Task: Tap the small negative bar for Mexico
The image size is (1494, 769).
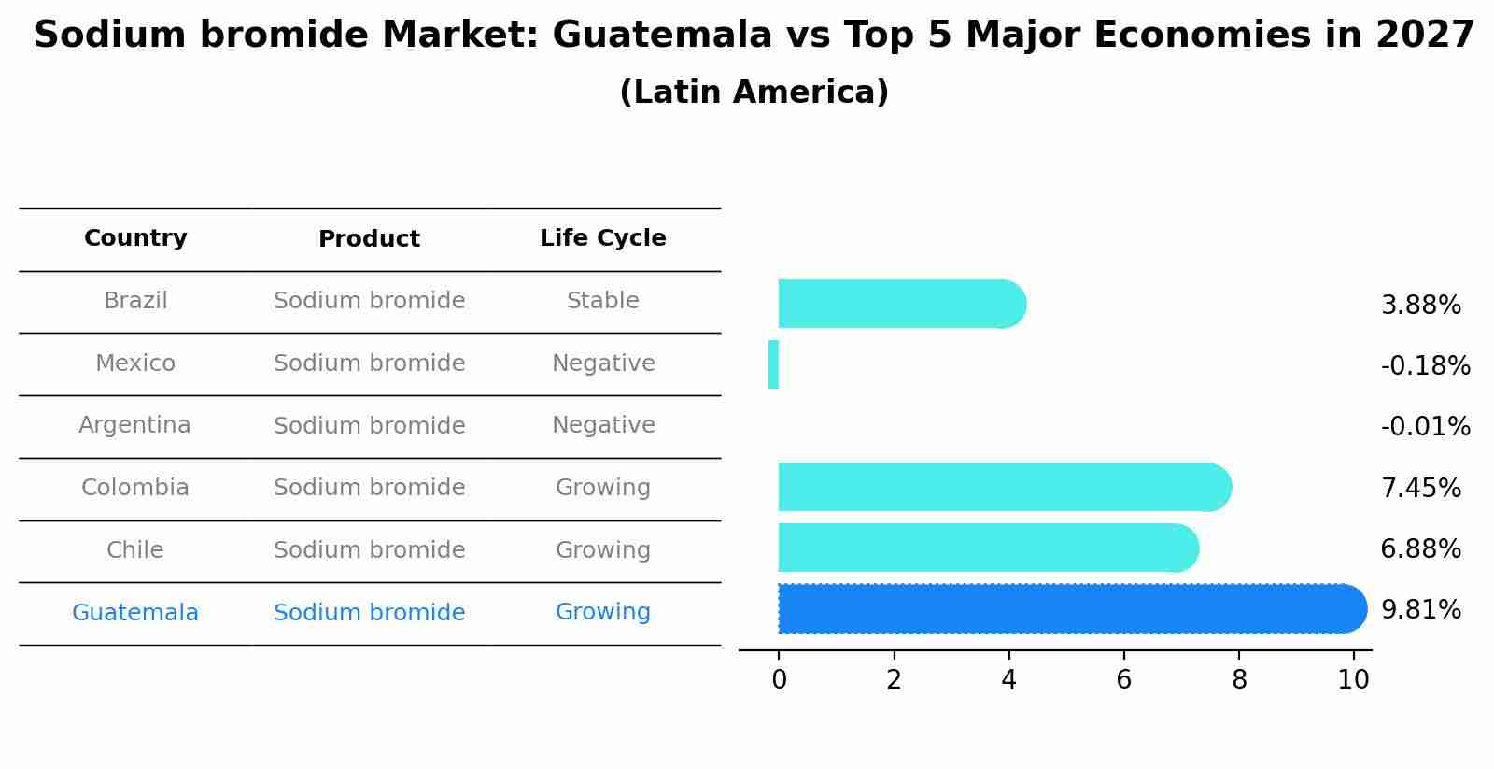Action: pyautogui.click(x=773, y=364)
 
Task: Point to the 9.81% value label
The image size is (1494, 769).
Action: pyautogui.click(x=1420, y=610)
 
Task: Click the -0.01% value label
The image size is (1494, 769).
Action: pyautogui.click(x=1425, y=427)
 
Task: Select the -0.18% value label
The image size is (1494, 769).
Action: pyautogui.click(x=1425, y=365)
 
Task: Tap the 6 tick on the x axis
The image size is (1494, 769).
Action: pyautogui.click(x=1123, y=679)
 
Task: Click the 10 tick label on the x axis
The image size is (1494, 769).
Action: pyautogui.click(x=1353, y=679)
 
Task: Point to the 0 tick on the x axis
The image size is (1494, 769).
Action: pyautogui.click(x=779, y=679)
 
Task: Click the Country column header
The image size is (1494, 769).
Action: pyautogui.click(x=135, y=238)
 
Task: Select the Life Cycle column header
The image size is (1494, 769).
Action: pyautogui.click(x=603, y=238)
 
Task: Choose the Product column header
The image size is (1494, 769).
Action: pyautogui.click(x=369, y=239)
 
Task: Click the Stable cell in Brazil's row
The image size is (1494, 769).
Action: pyautogui.click(x=603, y=301)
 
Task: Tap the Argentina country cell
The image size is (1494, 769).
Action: pyautogui.click(x=135, y=425)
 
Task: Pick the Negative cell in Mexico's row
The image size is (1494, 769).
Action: pyautogui.click(x=603, y=363)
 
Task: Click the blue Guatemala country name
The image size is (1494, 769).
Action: pyautogui.click(x=135, y=613)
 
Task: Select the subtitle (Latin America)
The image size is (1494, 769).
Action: pyautogui.click(x=754, y=93)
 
